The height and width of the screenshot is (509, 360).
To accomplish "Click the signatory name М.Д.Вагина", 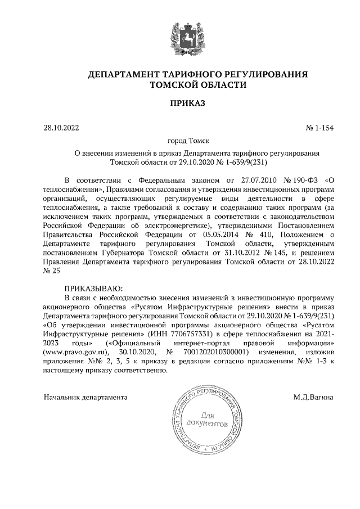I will point(313,398).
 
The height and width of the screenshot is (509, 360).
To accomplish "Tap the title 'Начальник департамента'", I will point(85,398).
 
